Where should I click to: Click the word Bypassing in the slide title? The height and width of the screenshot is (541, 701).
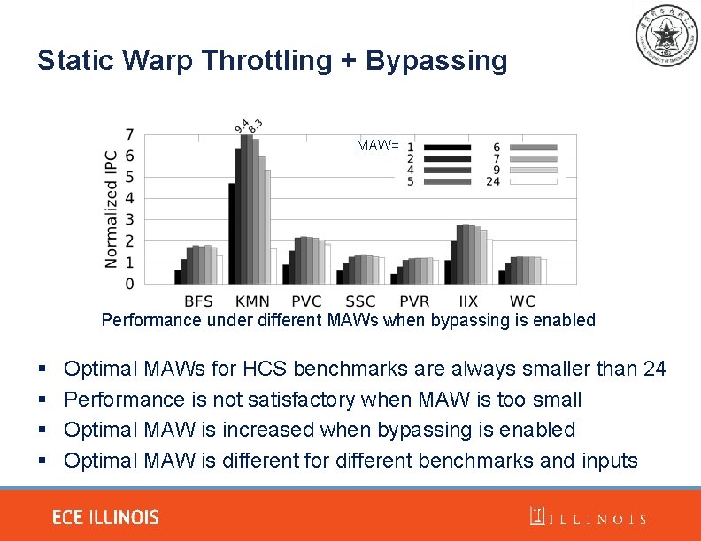click(436, 61)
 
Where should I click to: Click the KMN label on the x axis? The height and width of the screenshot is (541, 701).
click(253, 301)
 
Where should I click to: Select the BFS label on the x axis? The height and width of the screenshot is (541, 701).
click(198, 301)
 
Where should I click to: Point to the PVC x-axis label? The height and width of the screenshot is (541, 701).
click(306, 301)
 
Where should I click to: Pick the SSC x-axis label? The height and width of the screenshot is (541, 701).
click(360, 301)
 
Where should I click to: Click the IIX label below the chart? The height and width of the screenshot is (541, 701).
click(469, 301)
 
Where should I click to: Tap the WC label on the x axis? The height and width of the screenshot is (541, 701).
click(522, 301)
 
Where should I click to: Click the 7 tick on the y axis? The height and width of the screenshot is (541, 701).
click(129, 135)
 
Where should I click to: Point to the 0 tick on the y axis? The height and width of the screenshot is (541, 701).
click(129, 284)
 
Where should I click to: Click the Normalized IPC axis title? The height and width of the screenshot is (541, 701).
click(112, 209)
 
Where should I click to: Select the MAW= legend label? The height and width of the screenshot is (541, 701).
click(377, 144)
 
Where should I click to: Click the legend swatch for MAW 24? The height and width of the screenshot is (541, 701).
click(533, 181)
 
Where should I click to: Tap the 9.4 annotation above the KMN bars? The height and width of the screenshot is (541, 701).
click(241, 126)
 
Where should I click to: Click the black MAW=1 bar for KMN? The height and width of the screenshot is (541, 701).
click(232, 233)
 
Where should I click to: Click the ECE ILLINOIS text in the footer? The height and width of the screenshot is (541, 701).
click(105, 517)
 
